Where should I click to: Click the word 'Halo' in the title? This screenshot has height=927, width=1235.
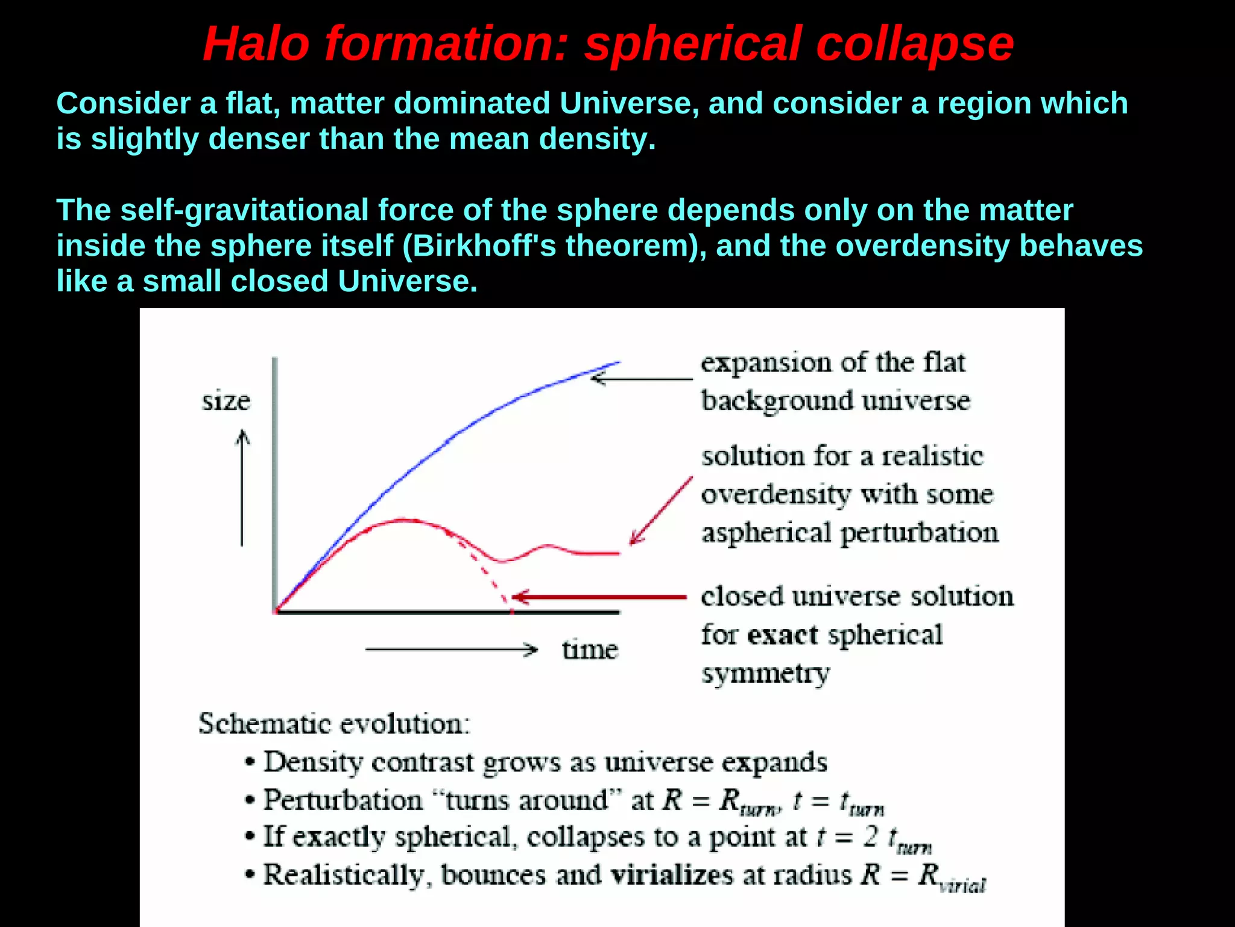click(x=256, y=45)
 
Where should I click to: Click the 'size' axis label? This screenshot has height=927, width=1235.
click(x=226, y=401)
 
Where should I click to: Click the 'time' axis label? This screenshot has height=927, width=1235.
click(x=590, y=650)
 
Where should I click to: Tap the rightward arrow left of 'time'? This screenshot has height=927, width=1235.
click(x=451, y=650)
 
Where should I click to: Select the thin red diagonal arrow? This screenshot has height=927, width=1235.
click(x=661, y=511)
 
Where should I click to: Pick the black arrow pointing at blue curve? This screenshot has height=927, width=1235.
click(x=642, y=379)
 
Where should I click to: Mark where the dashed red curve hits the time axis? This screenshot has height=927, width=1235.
click(x=512, y=612)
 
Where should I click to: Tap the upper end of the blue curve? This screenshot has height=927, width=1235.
click(x=617, y=362)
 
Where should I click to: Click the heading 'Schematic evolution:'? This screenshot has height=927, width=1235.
click(x=334, y=724)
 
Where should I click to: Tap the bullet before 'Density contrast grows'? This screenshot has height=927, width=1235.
click(x=250, y=763)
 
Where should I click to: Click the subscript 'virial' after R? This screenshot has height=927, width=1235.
click(x=962, y=886)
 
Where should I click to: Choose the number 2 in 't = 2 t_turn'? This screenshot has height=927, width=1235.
click(x=870, y=837)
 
